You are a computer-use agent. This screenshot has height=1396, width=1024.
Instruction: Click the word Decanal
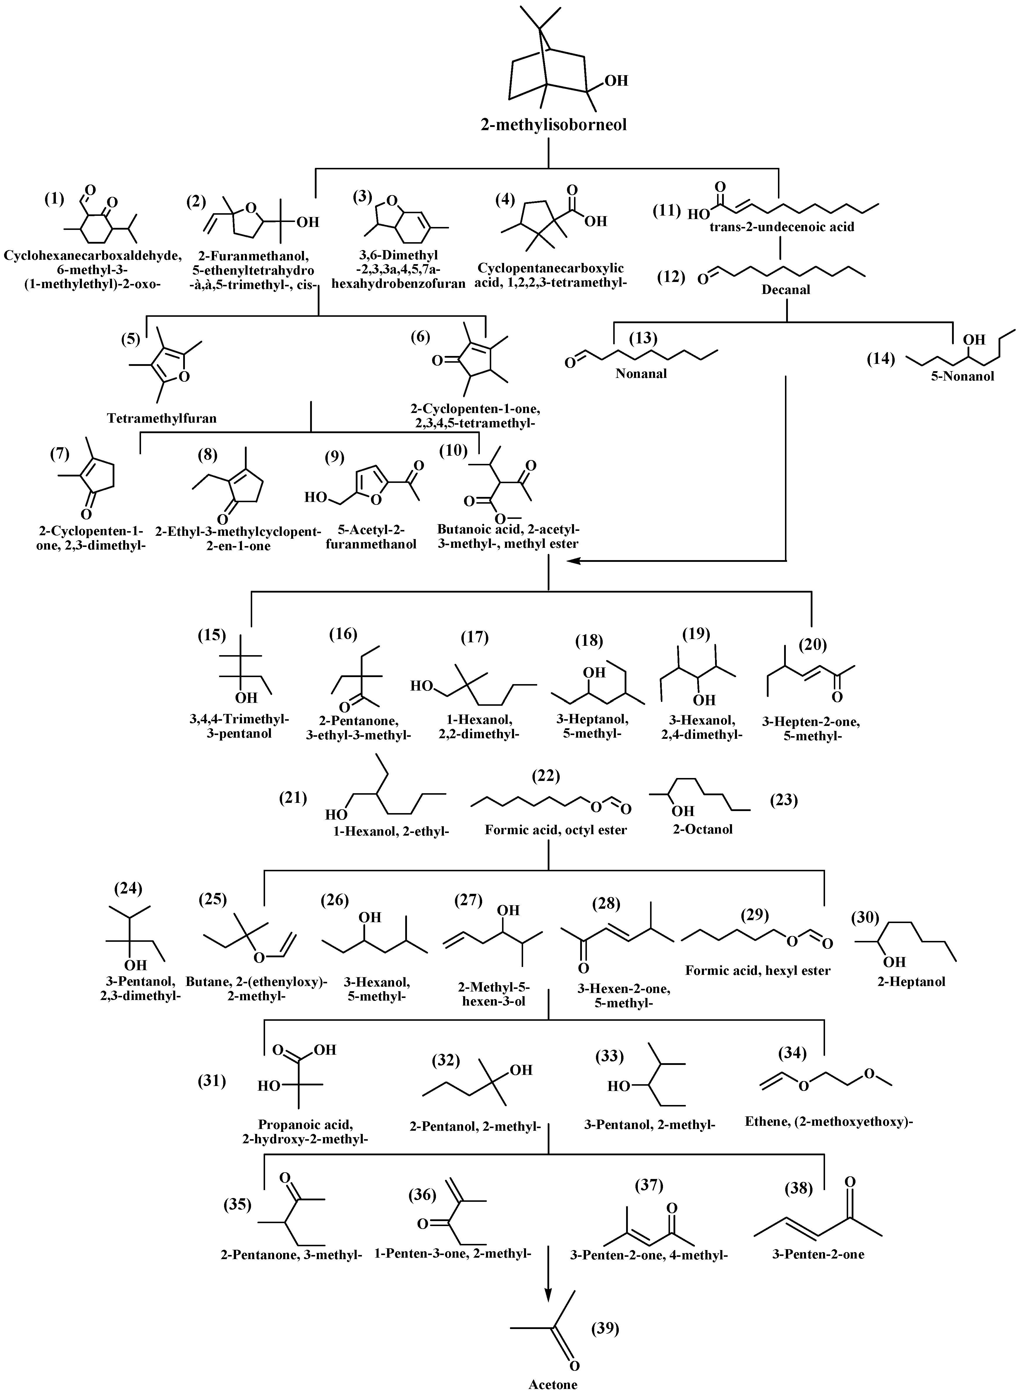click(786, 289)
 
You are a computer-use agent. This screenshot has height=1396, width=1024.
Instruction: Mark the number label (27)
click(469, 899)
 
